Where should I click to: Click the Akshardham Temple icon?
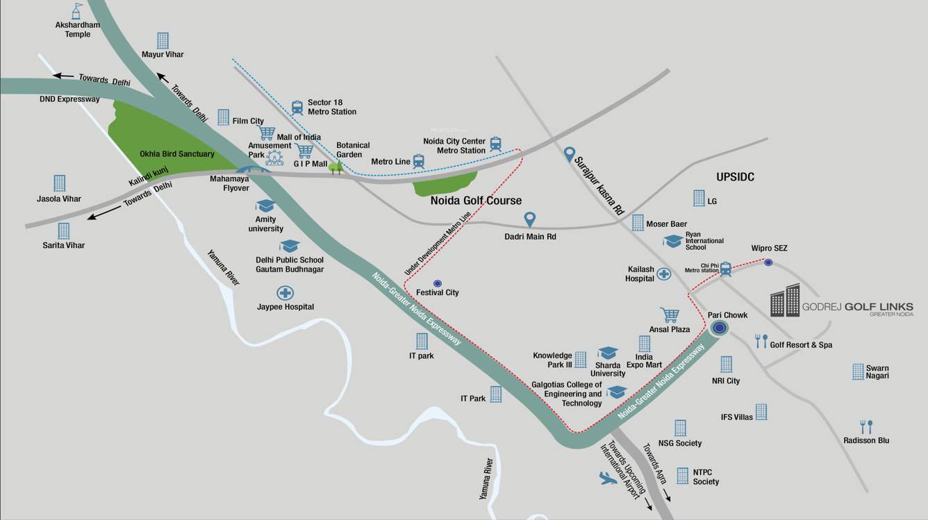point(76,10)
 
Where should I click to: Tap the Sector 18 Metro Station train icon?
point(297,108)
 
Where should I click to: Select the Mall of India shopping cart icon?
point(266,133)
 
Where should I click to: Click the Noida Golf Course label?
point(476,201)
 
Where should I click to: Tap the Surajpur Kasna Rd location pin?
point(570,153)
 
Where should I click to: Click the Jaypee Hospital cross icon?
point(285,293)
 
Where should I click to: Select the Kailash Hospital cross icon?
point(664,274)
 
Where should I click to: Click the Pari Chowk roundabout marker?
point(720,328)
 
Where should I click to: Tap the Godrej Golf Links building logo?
point(785,301)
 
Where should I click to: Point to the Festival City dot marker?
point(437,283)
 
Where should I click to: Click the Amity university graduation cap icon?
point(265,206)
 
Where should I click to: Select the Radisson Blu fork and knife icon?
point(865,426)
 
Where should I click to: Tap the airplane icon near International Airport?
point(607,478)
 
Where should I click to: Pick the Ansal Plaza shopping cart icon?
point(670,315)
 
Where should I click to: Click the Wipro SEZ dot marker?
point(768,262)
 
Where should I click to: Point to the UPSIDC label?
point(735,178)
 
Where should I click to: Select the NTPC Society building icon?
point(683,476)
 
